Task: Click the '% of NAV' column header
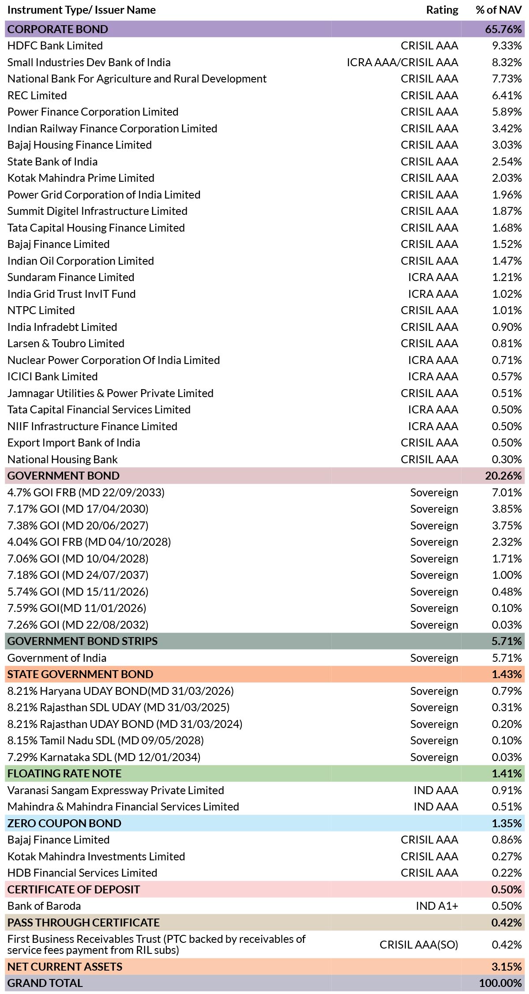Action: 499,10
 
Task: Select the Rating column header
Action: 442,10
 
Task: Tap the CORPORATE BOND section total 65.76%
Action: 503,29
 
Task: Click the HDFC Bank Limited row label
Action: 55,45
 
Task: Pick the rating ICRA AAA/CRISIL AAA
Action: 402,62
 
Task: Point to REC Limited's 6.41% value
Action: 507,95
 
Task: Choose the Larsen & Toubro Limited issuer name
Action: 66,343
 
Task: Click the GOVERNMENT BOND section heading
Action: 64,476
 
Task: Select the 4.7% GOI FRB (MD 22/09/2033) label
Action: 86,492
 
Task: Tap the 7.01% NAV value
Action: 507,492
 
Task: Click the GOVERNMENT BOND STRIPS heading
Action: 83,641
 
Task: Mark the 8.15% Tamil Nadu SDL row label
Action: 105,740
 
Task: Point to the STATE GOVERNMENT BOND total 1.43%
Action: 507,674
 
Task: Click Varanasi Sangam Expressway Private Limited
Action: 116,790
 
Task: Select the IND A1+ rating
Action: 437,906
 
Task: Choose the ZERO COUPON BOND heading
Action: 64,823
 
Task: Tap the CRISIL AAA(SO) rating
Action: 419,945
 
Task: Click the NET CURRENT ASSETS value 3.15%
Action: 507,967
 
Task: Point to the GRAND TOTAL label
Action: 45,983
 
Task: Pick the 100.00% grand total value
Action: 500,983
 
